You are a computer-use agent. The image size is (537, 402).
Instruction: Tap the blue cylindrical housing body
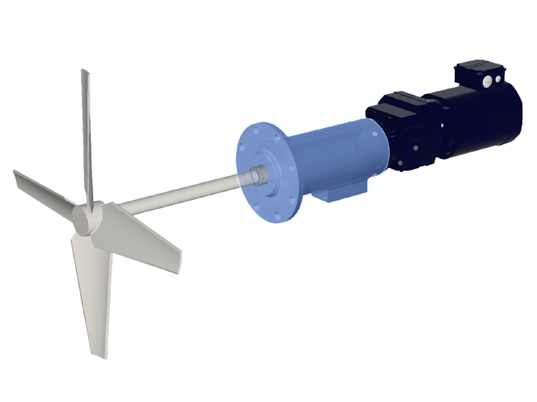click(x=336, y=155)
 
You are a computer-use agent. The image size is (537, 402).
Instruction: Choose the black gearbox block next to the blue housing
click(x=399, y=126)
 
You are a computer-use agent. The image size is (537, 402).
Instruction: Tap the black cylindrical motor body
click(x=482, y=121)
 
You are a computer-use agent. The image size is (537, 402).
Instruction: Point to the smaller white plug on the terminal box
click(x=498, y=78)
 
